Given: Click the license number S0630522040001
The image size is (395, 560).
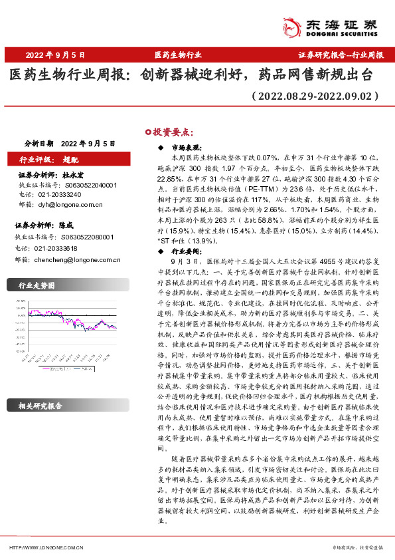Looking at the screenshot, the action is tap(90, 185).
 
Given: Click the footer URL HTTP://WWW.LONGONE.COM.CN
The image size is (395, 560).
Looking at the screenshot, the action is tap(46, 547).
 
